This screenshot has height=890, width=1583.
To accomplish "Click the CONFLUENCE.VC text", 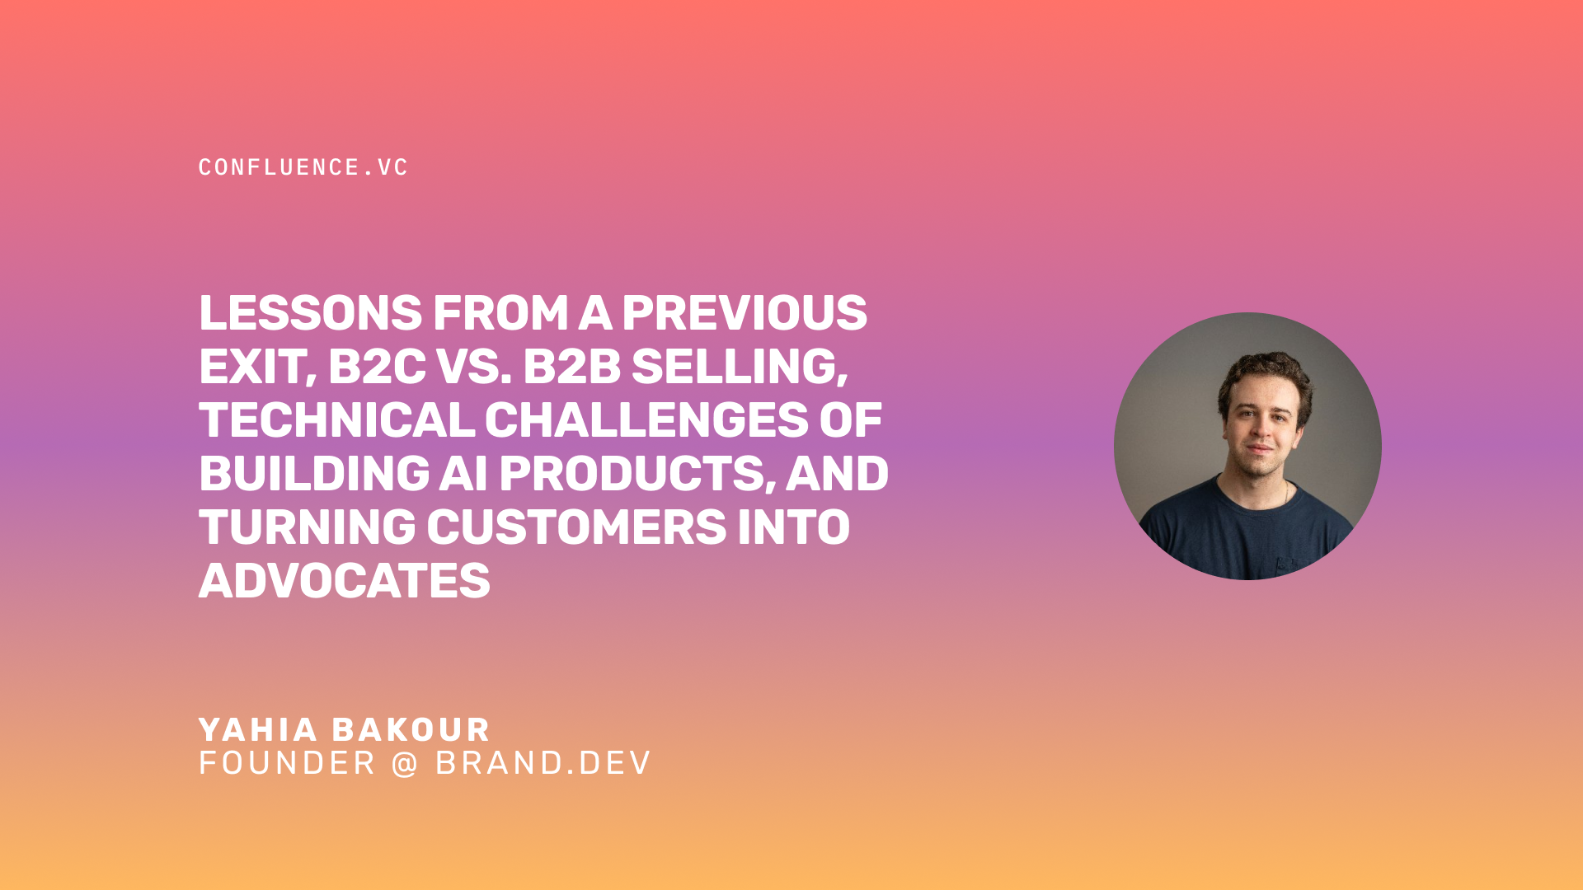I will pos(303,167).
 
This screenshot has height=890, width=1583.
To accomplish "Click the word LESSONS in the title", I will pos(311,313).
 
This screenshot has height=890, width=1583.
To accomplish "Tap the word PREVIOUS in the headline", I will pos(744,313).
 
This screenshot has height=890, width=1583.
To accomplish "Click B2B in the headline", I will pos(571,367).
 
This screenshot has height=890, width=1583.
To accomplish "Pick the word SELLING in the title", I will pos(739,367).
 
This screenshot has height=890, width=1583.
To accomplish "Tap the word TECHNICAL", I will pos(336,420).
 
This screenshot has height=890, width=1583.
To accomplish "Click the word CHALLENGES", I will pos(646,420).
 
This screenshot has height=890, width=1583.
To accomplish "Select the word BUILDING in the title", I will pos(314,474).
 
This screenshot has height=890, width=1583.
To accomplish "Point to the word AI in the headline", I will pos(463,474).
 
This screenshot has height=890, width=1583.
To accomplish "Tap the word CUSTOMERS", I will pos(576,527).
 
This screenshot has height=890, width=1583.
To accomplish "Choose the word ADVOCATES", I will pos(345,581).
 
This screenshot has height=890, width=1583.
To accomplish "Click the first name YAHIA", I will pos(258,730).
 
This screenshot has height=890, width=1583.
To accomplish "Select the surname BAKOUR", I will pos(411,730).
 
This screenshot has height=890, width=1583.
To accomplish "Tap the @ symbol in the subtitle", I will pos(405,764).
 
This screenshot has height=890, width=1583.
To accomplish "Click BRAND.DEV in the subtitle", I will pos(543,764).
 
